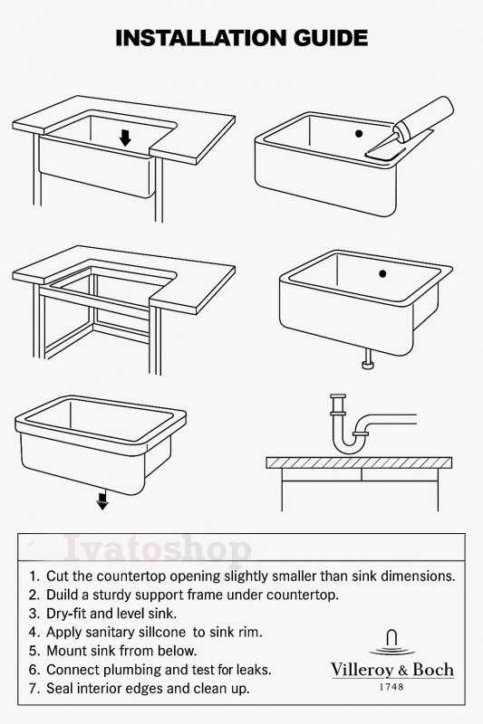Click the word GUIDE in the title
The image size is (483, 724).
click(x=331, y=38)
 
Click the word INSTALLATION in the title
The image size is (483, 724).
click(x=201, y=38)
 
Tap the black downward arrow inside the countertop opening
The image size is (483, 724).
click(x=125, y=138)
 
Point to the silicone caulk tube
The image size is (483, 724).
click(x=423, y=119)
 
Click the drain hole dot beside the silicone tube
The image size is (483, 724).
click(x=359, y=133)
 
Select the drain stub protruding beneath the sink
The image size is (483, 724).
click(x=368, y=358)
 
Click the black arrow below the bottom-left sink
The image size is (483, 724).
click(x=102, y=500)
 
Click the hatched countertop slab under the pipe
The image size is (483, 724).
click(x=359, y=462)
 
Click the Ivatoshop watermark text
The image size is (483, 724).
click(x=158, y=549)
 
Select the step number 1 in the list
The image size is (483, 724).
click(x=33, y=576)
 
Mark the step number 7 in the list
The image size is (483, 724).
click(x=33, y=689)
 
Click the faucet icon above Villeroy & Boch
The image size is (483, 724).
click(x=392, y=643)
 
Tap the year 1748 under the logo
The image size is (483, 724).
click(x=391, y=687)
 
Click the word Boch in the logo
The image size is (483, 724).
click(x=433, y=670)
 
